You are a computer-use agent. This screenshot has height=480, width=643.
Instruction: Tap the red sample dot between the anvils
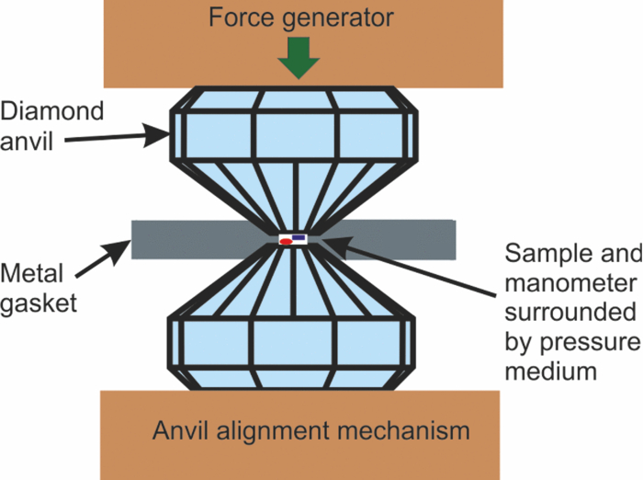point(286,242)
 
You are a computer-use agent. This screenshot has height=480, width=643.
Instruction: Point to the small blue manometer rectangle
point(299,237)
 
